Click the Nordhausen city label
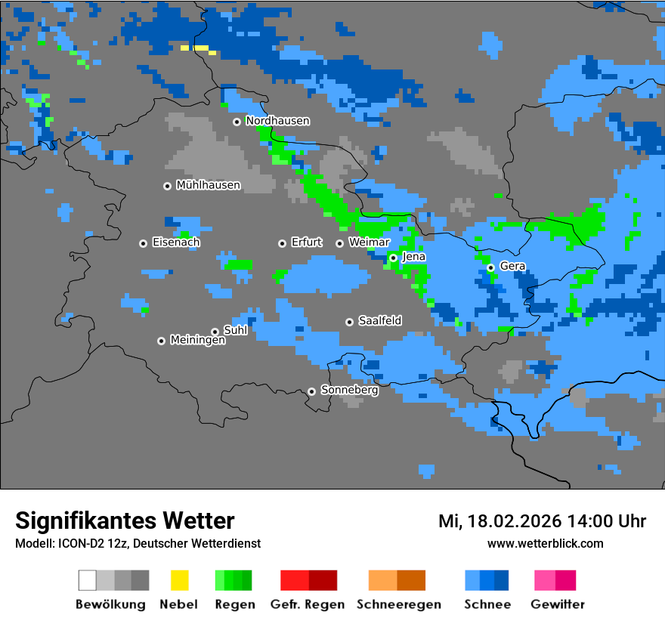(x=277, y=121)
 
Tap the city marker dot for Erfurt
(x=282, y=243)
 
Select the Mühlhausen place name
(x=208, y=185)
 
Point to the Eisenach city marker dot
(x=143, y=243)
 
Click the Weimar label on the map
(x=369, y=242)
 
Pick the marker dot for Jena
(x=393, y=258)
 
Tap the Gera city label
(x=512, y=267)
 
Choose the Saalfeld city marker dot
(x=349, y=322)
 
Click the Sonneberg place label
(x=349, y=391)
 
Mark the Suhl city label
(x=236, y=330)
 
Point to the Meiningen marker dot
(x=161, y=341)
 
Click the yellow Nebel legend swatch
(x=179, y=580)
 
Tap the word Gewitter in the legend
(x=557, y=604)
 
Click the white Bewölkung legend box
(x=88, y=580)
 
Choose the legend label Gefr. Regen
(x=308, y=604)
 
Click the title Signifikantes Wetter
(x=125, y=520)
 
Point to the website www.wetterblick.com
(x=545, y=543)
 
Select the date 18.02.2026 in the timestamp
(x=515, y=521)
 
